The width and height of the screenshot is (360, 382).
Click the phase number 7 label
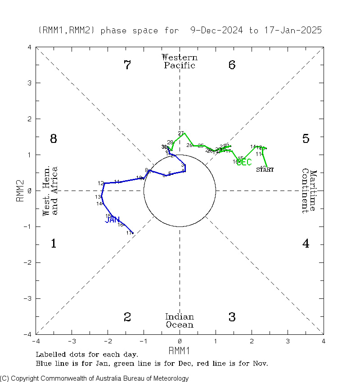127,65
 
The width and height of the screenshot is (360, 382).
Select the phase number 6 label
232,65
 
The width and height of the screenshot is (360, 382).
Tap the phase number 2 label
127,317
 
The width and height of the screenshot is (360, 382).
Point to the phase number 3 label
232,317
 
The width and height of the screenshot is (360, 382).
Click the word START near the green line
265,169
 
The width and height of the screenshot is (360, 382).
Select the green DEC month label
244,162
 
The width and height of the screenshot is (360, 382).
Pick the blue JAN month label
112,220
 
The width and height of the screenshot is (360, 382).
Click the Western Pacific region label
180,62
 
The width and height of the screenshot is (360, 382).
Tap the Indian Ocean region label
180,321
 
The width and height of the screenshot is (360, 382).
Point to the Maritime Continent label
309,191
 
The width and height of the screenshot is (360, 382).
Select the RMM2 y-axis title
19,191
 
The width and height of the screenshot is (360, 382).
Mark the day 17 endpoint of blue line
133,233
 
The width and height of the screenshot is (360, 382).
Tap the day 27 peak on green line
184,133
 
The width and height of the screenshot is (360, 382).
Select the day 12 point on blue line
104,183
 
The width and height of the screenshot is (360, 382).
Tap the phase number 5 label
306,139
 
